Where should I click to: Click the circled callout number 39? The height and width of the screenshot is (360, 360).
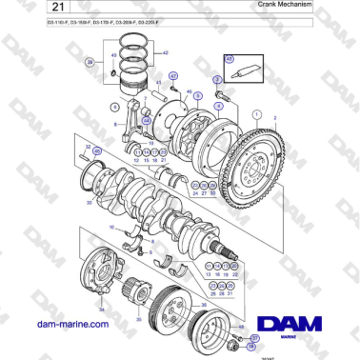click(90, 62)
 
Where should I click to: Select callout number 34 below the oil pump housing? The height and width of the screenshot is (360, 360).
click(101, 310)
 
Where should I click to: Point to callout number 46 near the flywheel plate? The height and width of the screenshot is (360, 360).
click(190, 91)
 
